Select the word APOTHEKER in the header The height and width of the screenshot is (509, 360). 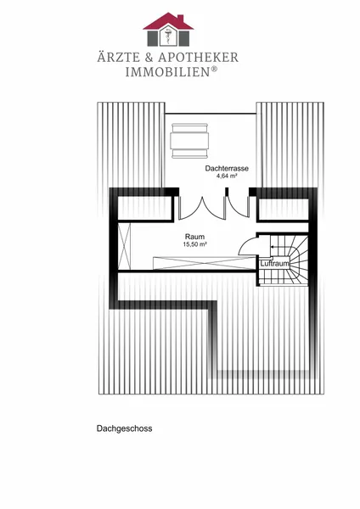[x=199, y=58]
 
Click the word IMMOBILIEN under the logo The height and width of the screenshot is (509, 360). [x=167, y=72]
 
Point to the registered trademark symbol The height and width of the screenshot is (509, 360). [x=214, y=69]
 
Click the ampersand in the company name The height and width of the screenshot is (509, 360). [x=149, y=58]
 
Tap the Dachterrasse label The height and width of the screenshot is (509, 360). [x=227, y=169]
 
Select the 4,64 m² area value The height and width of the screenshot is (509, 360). [x=227, y=176]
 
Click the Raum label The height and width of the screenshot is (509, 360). [x=194, y=237]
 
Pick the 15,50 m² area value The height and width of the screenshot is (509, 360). [x=195, y=244]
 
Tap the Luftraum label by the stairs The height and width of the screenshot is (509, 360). [x=274, y=264]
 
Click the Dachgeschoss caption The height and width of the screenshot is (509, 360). [x=125, y=428]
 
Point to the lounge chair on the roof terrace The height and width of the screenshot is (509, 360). [x=189, y=141]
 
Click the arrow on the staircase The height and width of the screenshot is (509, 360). [x=280, y=247]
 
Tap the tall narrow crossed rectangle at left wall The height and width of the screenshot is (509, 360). [x=124, y=246]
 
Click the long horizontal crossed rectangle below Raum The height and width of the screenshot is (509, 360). [x=205, y=263]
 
